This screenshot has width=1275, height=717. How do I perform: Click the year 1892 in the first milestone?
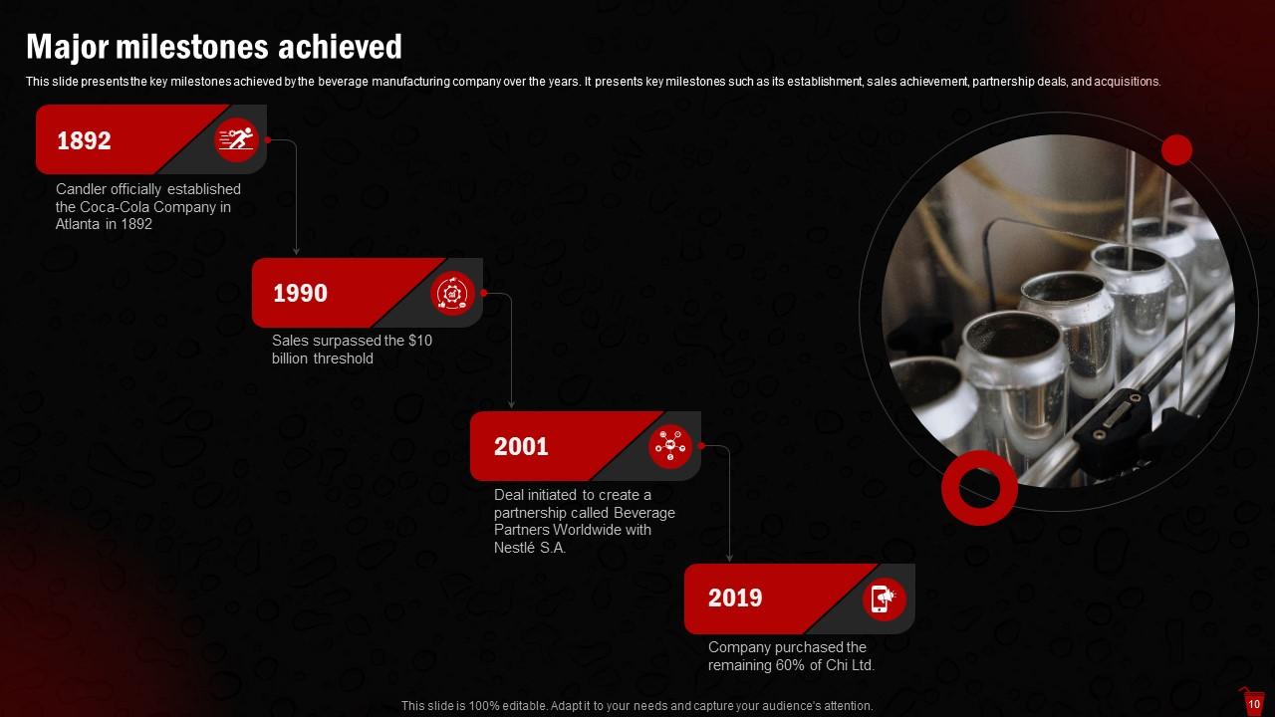[84, 141]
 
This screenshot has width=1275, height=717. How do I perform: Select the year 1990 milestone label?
[300, 294]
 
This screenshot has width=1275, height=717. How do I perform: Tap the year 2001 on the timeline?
[521, 446]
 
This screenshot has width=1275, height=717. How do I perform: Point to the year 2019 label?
[735, 598]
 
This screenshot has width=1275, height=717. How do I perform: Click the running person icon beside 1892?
[237, 140]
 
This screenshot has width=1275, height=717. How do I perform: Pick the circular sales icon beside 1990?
[452, 294]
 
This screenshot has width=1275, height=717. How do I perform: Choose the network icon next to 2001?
[670, 446]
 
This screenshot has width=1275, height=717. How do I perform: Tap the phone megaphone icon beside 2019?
[884, 598]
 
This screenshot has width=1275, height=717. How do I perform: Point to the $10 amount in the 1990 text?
[420, 341]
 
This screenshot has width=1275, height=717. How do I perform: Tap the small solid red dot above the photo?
[1176, 150]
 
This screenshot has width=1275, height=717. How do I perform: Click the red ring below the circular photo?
[979, 487]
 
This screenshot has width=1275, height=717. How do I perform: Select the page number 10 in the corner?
[1253, 704]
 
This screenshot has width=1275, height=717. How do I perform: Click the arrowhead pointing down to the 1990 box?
[297, 252]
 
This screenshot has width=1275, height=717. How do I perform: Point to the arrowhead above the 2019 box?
[729, 558]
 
